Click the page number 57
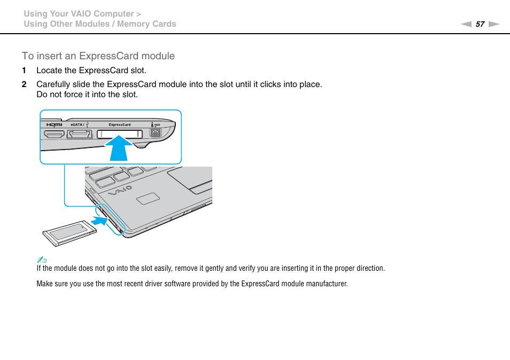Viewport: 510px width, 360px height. [480, 24]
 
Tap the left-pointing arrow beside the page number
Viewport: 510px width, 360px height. [467, 24]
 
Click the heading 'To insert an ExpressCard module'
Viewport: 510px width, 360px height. [98, 56]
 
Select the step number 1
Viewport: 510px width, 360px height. [24, 71]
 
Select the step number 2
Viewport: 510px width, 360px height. [24, 84]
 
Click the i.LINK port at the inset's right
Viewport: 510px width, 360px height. [155, 133]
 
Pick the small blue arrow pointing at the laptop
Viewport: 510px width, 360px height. [99, 220]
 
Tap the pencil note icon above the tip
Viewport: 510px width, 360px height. [39, 260]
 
